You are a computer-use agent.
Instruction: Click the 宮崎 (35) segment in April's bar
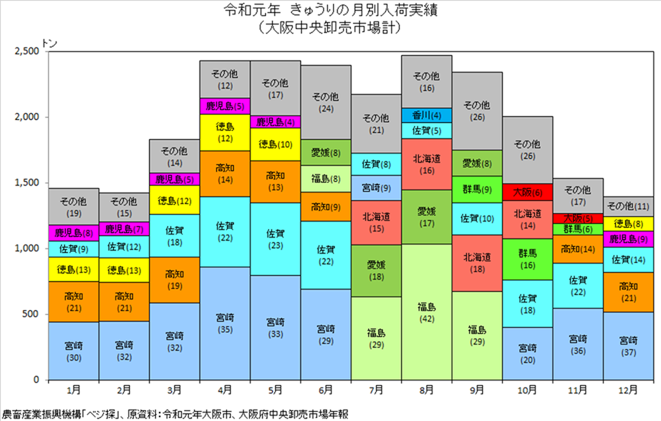click(x=225, y=323)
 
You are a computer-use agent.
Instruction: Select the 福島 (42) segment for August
click(x=426, y=312)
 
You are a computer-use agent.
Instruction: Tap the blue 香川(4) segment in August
click(x=426, y=115)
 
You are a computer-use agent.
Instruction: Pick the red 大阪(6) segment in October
click(x=527, y=193)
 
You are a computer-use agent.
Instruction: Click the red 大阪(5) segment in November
click(x=578, y=219)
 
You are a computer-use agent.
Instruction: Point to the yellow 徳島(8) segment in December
click(x=628, y=224)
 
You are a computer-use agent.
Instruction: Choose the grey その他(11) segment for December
click(x=628, y=206)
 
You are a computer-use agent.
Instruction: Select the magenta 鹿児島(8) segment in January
click(x=74, y=232)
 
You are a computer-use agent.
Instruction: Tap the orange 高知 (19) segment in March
click(x=174, y=280)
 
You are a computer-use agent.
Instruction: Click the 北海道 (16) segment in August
click(x=426, y=164)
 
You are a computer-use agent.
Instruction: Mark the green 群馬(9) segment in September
click(x=477, y=189)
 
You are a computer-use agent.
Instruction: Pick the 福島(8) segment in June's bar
click(x=326, y=179)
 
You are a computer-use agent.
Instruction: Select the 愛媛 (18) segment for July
click(x=376, y=271)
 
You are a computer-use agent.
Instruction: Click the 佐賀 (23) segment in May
click(x=275, y=239)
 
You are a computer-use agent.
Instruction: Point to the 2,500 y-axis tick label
click(x=27, y=51)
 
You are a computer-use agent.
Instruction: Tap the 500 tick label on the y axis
click(x=31, y=314)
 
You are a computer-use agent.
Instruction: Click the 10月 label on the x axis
click(x=527, y=390)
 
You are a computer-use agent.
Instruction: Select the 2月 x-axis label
click(x=124, y=390)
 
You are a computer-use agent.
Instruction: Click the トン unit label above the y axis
click(x=50, y=43)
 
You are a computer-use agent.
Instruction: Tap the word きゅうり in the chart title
click(x=316, y=10)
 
